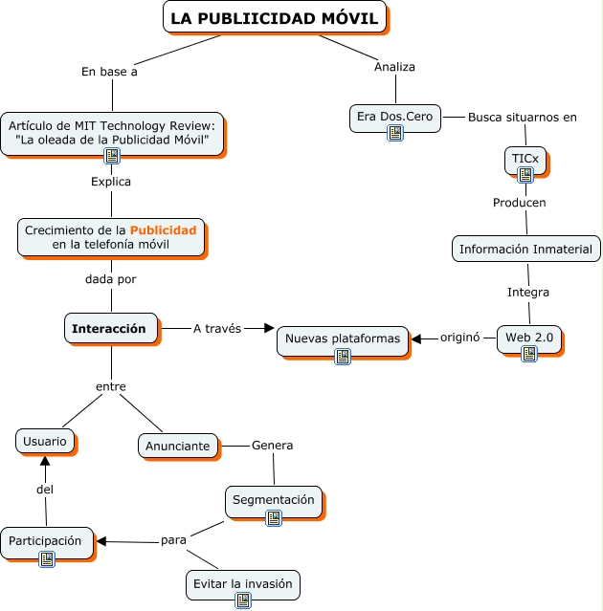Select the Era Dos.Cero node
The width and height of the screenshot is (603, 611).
point(394,118)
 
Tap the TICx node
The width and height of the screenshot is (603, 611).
point(525,157)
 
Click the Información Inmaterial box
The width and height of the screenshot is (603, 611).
point(525,249)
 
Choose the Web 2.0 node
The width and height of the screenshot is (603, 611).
point(529,338)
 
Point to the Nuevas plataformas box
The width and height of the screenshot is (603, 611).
point(343,338)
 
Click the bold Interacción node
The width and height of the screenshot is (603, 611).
point(110,328)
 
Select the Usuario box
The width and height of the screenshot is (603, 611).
point(45,441)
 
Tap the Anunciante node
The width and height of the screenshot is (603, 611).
point(177,446)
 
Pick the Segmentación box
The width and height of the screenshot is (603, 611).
point(274,500)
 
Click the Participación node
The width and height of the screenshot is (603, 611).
point(47,541)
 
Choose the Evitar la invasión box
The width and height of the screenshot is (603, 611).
point(243,583)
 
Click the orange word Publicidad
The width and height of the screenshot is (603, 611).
point(163,230)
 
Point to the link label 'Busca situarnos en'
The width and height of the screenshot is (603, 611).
point(522,118)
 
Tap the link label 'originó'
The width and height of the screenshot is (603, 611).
point(458,337)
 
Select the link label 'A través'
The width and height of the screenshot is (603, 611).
point(216,328)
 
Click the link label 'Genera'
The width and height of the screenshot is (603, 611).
point(272,445)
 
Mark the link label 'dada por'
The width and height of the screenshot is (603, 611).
point(111,279)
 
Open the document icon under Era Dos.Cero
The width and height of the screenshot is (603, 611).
point(395,133)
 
